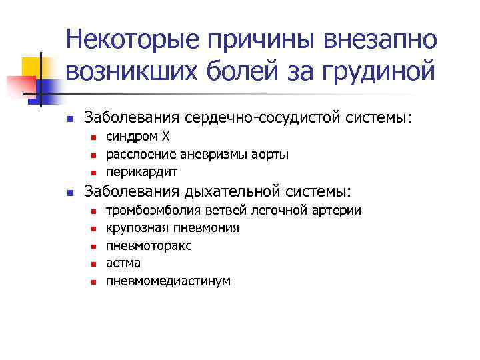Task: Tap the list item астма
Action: coord(123,263)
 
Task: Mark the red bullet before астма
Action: coord(94,264)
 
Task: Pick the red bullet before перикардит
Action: coord(94,172)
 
